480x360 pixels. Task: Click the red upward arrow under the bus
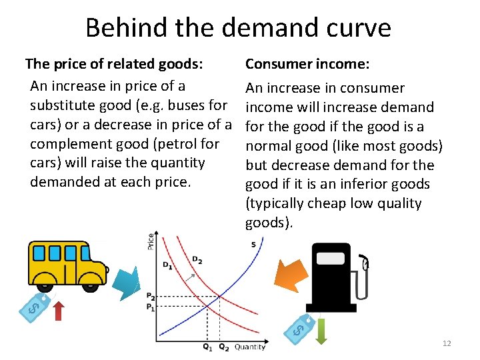coord(59,310)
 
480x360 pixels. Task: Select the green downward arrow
coord(321,331)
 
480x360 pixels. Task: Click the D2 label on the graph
coord(197,259)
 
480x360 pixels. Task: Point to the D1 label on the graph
coord(167,265)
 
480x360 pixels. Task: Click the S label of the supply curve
coord(253,245)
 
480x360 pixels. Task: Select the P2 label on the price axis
coord(151,297)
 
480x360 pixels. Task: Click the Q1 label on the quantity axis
coord(208,347)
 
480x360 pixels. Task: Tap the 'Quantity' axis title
coord(250,347)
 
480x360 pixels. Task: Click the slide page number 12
coord(446,343)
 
